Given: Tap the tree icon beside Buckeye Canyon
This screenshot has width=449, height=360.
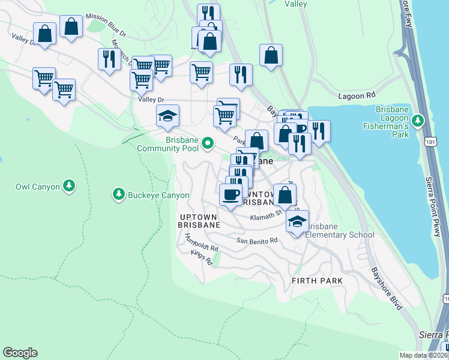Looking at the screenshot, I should tap(118, 194).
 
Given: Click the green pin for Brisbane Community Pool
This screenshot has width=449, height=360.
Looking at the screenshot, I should tap(208, 143).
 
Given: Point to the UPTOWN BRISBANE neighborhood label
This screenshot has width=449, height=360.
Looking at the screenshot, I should tap(199, 220).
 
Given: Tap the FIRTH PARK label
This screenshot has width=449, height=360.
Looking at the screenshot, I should tap(317, 281).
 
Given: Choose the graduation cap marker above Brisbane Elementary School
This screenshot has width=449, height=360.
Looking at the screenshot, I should tap(297, 221).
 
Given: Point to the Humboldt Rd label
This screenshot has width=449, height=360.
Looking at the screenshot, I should tap(201, 243).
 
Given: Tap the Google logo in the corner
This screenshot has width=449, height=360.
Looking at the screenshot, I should tap(20, 353).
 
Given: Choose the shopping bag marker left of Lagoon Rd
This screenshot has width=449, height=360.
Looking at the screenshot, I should tap(271, 55).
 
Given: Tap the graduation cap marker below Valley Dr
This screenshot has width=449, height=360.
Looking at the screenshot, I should tap(168, 116).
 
